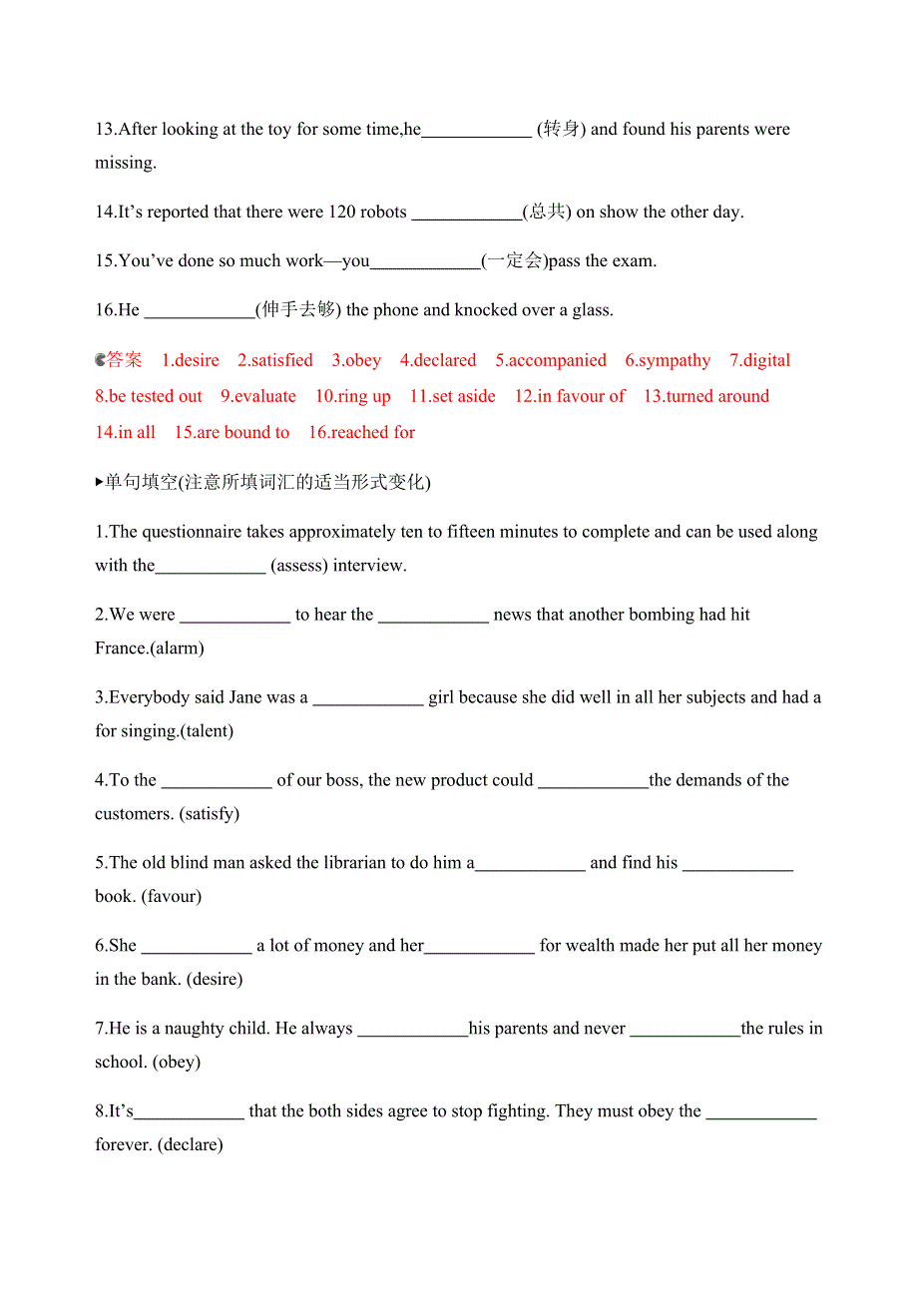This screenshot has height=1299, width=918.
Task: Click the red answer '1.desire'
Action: click(191, 360)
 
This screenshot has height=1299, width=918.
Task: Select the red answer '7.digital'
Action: click(759, 360)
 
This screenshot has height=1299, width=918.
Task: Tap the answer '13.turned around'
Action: click(706, 396)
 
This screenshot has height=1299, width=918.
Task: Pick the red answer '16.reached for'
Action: click(361, 432)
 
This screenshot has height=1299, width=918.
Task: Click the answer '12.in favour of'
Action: click(570, 396)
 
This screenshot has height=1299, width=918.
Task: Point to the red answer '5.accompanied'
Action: click(551, 360)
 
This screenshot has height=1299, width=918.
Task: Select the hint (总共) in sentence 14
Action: click(547, 212)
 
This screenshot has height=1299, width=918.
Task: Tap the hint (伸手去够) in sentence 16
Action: click(298, 310)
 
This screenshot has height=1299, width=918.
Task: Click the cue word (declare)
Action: click(191, 1144)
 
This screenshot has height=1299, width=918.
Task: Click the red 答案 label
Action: click(125, 360)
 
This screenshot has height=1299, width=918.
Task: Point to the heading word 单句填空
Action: click(142, 483)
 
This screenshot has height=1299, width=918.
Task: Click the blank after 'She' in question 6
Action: click(197, 946)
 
